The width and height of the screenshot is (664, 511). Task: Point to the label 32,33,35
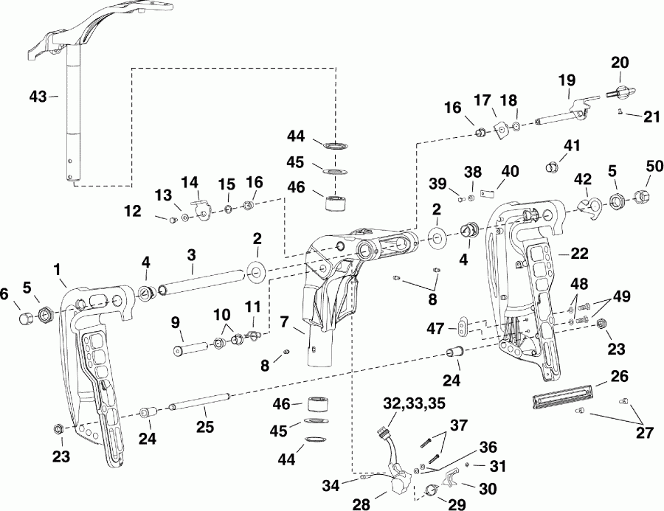coord(404,403)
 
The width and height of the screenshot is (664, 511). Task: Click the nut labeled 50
coord(640,196)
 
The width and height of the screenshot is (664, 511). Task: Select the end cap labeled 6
coord(27,317)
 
